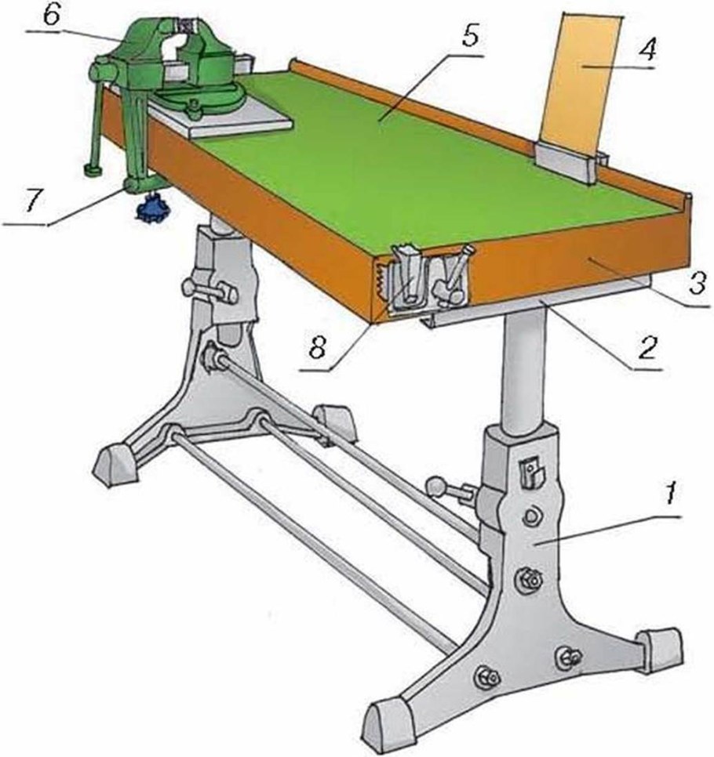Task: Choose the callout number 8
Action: pyautogui.click(x=316, y=346)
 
